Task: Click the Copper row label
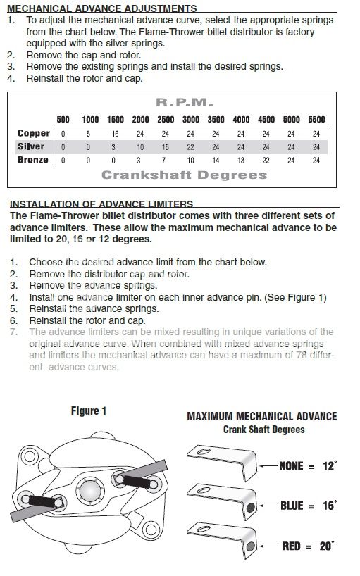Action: point(33,133)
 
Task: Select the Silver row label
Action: point(31,146)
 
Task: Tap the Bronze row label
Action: point(33,160)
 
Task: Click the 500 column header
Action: point(63,120)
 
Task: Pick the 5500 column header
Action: point(316,120)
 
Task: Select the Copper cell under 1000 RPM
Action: point(88,134)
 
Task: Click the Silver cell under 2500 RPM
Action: point(166,147)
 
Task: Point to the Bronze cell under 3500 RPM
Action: point(216,161)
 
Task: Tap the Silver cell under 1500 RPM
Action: point(113,147)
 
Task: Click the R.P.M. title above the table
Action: point(185,103)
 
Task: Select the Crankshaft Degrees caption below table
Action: point(185,175)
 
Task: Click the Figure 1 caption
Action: point(89,411)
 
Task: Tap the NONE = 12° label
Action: point(308,466)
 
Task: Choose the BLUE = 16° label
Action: point(308,506)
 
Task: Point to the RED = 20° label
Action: point(308,546)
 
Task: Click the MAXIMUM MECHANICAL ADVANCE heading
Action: point(262,416)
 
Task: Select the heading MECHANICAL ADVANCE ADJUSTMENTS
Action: point(101,8)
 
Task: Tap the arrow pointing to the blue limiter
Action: point(269,506)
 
